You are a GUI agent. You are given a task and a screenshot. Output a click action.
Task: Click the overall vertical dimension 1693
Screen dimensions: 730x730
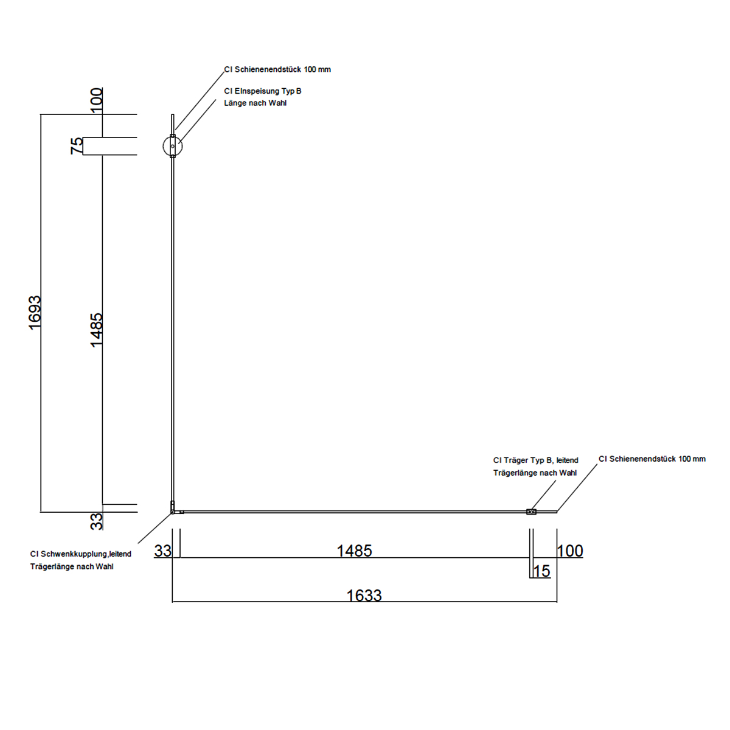tap(35, 313)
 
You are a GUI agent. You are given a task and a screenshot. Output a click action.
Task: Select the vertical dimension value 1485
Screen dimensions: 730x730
tap(96, 330)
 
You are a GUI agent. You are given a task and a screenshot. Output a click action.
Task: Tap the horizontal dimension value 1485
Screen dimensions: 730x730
tap(354, 551)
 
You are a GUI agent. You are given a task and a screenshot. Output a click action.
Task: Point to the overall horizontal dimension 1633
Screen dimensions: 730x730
tap(364, 596)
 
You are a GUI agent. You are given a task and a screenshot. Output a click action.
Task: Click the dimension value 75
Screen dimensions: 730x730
tap(77, 146)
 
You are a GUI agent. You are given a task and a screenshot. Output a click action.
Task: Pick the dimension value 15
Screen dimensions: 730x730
tap(542, 571)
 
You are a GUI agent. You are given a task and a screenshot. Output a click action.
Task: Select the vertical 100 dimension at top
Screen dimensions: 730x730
tap(97, 100)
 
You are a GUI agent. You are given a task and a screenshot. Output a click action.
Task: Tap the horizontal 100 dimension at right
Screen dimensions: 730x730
tap(570, 551)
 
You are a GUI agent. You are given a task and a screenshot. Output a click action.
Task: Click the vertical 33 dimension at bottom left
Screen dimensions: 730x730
tap(97, 521)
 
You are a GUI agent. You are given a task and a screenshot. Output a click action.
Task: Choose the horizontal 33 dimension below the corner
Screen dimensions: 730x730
tap(163, 551)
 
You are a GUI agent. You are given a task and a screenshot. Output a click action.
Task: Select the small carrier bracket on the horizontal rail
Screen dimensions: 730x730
tap(531, 512)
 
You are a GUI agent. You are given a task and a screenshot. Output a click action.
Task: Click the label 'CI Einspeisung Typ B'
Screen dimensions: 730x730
tap(263, 91)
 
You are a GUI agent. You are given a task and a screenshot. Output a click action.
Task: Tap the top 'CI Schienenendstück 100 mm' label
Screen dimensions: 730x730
tap(277, 69)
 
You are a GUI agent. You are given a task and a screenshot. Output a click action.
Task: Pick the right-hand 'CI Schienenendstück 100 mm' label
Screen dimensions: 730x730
tap(652, 459)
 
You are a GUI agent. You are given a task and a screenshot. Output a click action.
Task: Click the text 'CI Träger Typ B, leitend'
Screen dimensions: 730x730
tap(536, 461)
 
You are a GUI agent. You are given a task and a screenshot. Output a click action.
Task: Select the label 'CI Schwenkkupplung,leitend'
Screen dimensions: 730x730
tap(81, 554)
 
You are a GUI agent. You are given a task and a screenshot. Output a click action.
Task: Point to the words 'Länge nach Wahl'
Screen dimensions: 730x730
tap(255, 103)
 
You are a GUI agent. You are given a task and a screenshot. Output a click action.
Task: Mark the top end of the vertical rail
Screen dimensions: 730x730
tap(173, 114)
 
